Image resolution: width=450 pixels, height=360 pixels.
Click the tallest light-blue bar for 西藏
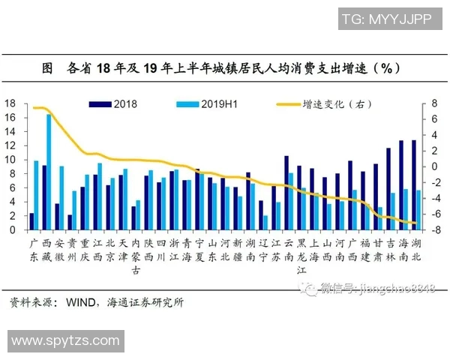49,172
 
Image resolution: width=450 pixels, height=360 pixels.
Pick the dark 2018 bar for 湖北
414,184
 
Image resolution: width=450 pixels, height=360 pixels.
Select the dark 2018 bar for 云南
286,193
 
